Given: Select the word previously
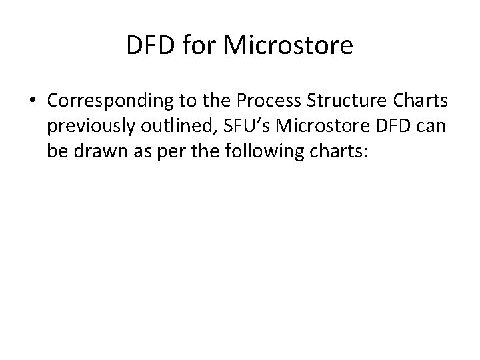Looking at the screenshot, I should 89,127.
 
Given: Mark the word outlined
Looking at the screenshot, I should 169,127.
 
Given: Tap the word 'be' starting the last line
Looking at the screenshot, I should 56,151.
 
